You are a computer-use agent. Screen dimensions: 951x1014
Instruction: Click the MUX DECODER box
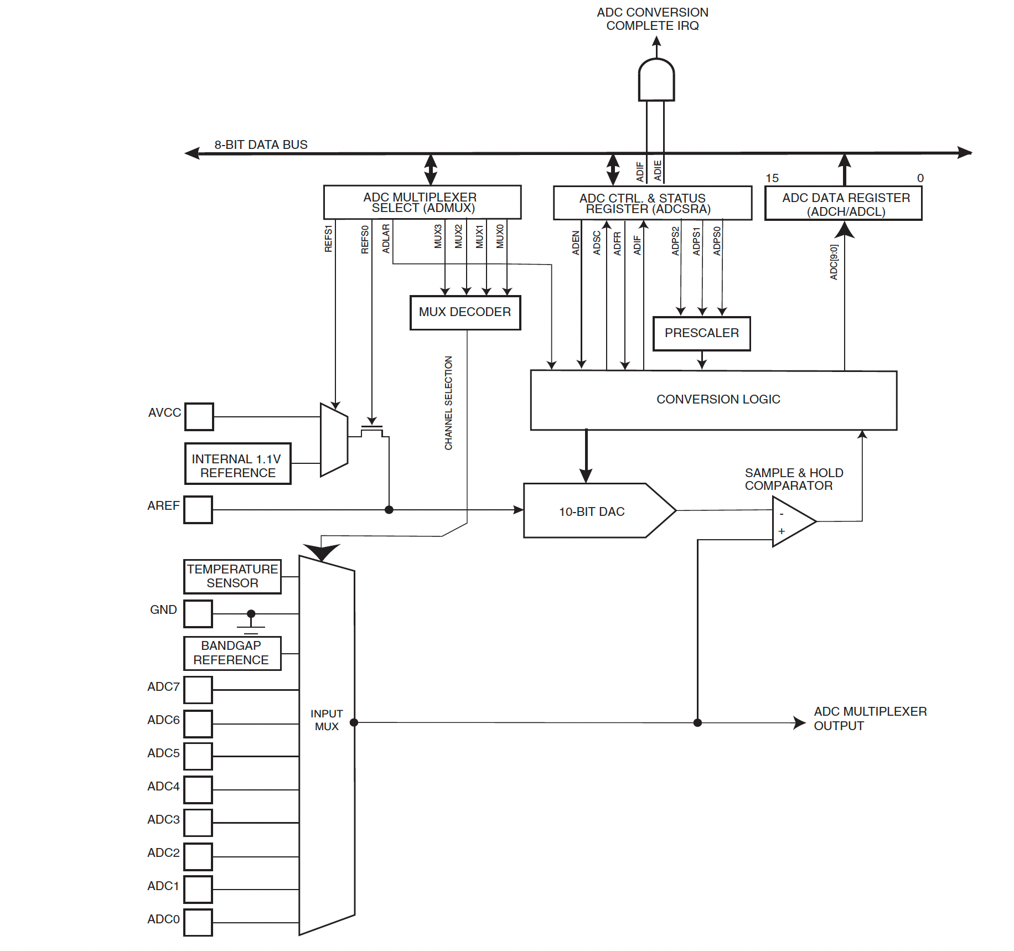click(x=465, y=312)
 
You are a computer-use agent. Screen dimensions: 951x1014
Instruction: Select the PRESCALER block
click(x=701, y=333)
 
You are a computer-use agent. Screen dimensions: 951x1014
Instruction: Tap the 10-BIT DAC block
click(x=592, y=511)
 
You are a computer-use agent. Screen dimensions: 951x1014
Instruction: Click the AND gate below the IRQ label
click(x=656, y=81)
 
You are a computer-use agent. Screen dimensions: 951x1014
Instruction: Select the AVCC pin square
click(x=199, y=416)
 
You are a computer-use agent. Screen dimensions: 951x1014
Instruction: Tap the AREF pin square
click(x=198, y=509)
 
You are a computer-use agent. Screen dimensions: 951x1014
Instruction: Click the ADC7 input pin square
click(x=198, y=689)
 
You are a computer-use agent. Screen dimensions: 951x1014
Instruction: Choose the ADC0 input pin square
click(x=198, y=922)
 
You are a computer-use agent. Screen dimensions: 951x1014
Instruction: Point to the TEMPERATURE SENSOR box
click(x=232, y=576)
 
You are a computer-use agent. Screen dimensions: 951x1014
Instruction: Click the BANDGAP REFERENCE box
click(x=232, y=653)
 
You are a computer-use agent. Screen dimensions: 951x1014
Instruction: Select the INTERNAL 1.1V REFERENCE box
click(x=237, y=464)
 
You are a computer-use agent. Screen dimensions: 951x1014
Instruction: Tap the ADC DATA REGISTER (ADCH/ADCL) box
click(x=843, y=204)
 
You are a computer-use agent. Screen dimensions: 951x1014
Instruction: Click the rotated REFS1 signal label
click(x=328, y=238)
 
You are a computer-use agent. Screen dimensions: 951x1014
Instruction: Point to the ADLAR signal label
click(x=386, y=238)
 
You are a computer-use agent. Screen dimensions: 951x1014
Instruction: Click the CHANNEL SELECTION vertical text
click(x=448, y=402)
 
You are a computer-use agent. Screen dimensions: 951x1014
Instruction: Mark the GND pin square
click(x=198, y=613)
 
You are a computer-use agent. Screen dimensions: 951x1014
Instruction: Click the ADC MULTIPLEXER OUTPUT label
click(x=870, y=718)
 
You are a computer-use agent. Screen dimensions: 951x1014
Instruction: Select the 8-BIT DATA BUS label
click(x=261, y=144)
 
